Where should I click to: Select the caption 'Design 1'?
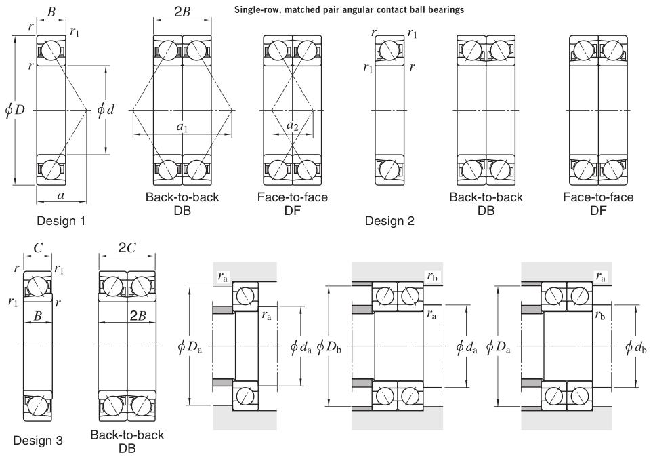point(62,220)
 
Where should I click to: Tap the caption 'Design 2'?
point(391,220)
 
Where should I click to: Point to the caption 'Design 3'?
point(38,441)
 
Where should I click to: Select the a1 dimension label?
point(182,127)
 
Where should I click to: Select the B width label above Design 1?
point(51,12)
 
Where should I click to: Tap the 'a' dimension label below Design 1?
point(62,195)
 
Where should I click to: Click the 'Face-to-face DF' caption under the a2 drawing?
point(293,203)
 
